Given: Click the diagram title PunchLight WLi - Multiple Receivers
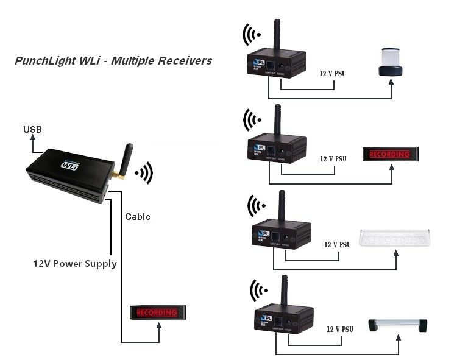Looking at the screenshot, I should click(113, 61).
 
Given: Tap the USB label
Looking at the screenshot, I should click(33, 129).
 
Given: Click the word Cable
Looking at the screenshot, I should click(137, 216).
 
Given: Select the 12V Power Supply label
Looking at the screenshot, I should click(75, 264).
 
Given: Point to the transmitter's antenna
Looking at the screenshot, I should click(126, 160).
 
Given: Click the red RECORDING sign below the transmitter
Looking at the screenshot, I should click(157, 312).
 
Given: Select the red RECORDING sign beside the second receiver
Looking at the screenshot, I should click(389, 154).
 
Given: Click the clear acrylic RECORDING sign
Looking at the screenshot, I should click(395, 238).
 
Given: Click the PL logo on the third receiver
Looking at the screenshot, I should click(263, 233).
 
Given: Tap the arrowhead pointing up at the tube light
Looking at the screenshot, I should click(399, 339).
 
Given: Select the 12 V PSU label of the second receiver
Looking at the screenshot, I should click(333, 158).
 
